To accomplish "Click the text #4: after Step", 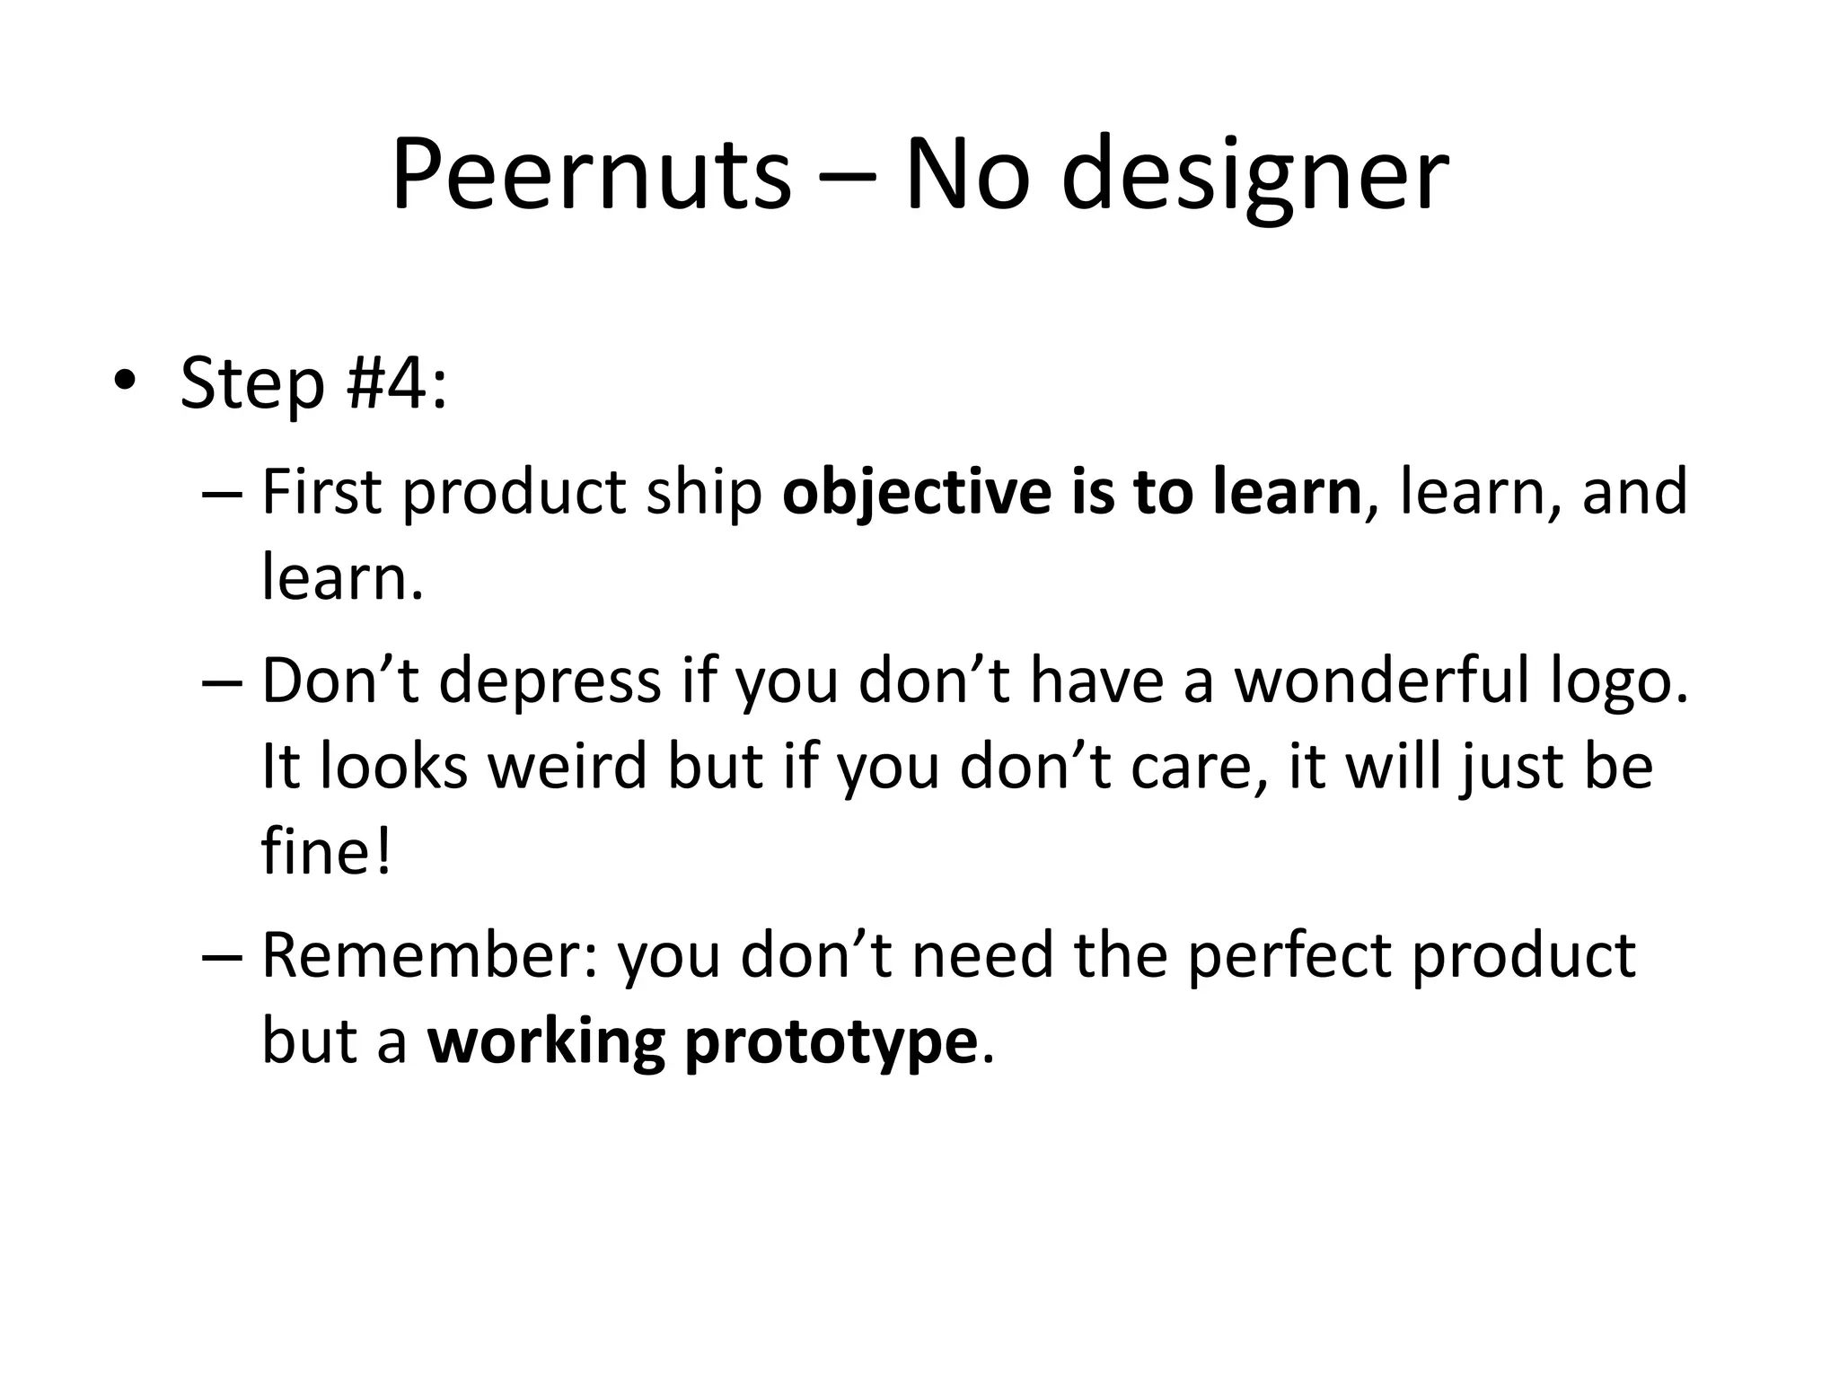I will (x=396, y=383).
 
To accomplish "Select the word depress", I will (x=550, y=681).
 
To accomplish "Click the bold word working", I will (x=546, y=1041).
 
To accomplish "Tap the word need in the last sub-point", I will (x=981, y=955).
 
